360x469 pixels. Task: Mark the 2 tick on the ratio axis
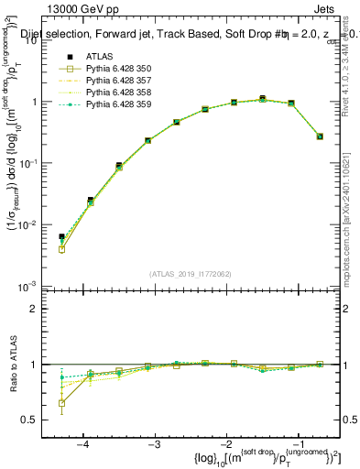[x=39, y=309]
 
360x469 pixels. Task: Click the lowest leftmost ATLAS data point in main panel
[x=61, y=236]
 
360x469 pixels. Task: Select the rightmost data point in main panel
[x=320, y=136]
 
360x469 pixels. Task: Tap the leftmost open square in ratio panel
[x=61, y=403]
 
